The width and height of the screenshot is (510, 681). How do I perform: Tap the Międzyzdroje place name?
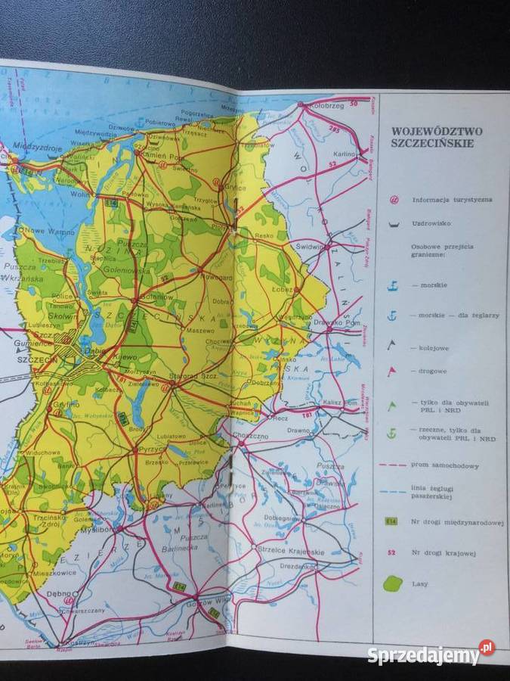pos(34,149)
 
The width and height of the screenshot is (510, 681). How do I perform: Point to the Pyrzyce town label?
pos(154,449)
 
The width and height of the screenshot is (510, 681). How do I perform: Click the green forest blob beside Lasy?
pos(393,584)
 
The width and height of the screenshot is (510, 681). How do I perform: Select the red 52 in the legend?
pos(392,553)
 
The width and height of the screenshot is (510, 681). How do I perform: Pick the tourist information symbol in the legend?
pos(393,201)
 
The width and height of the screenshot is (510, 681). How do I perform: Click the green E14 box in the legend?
pos(392,521)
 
